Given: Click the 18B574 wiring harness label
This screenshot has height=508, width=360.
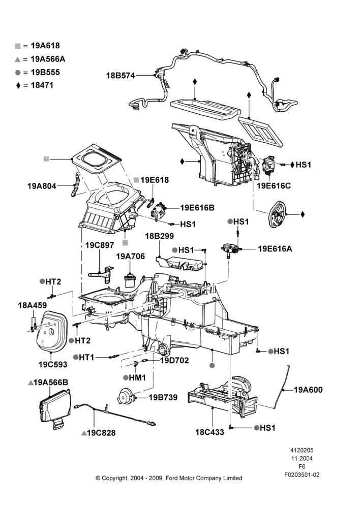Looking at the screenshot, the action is (121, 76).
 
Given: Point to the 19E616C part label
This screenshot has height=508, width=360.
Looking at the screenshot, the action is (274, 185).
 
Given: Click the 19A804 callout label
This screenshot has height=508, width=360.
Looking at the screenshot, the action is (42, 186).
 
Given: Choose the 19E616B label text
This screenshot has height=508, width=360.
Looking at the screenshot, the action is (197, 208).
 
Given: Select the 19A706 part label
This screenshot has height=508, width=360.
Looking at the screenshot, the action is (130, 257).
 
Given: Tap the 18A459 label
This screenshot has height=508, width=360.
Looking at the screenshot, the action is (33, 305).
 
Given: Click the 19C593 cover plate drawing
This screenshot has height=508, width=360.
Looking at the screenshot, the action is (51, 331).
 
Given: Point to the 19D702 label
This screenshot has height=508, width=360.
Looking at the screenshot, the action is (174, 360).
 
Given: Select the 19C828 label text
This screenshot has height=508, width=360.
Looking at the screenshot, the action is (101, 433).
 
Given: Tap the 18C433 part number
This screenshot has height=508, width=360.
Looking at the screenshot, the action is (209, 432).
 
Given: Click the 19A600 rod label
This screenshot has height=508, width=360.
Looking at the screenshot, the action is (308, 390).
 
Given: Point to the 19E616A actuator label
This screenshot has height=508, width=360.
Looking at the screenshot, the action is (275, 249).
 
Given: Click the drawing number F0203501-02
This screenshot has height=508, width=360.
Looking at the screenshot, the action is (302, 475).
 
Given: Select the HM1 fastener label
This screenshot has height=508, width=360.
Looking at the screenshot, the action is (137, 378).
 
